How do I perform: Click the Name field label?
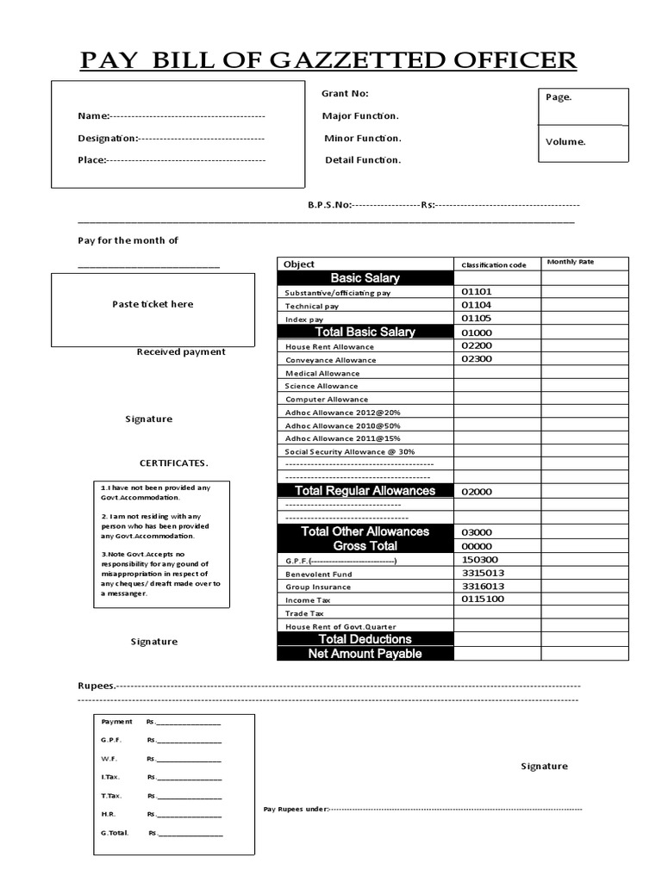click(93, 116)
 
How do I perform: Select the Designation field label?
click(107, 138)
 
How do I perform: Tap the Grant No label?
click(344, 94)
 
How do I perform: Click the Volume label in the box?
click(565, 142)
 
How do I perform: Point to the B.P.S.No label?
click(329, 205)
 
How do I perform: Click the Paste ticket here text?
click(153, 304)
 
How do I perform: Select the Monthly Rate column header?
click(570, 262)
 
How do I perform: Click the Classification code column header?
click(493, 264)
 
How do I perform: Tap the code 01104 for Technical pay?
click(476, 305)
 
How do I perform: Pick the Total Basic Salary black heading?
click(365, 332)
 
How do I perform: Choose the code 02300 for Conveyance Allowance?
click(476, 358)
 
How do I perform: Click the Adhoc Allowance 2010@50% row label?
click(330, 425)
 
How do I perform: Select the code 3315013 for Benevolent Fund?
click(483, 573)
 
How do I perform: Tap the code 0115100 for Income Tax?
click(483, 599)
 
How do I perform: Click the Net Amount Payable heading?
click(365, 654)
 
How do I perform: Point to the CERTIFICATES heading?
click(173, 463)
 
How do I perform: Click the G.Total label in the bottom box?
click(115, 833)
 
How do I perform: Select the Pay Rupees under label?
click(296, 810)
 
